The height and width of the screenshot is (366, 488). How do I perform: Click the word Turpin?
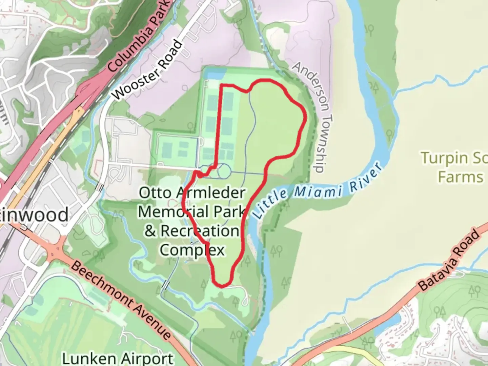[444, 158]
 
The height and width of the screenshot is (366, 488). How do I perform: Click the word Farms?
[460, 177]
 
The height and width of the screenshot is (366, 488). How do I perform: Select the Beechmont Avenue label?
[121, 300]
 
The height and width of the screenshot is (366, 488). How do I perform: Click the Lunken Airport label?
[118, 358]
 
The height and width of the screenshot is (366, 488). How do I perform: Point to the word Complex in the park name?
[192, 250]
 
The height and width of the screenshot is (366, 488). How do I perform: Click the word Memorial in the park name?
[173, 212]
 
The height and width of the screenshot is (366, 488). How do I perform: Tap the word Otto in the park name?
[155, 193]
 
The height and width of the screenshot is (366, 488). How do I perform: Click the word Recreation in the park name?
[199, 231]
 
